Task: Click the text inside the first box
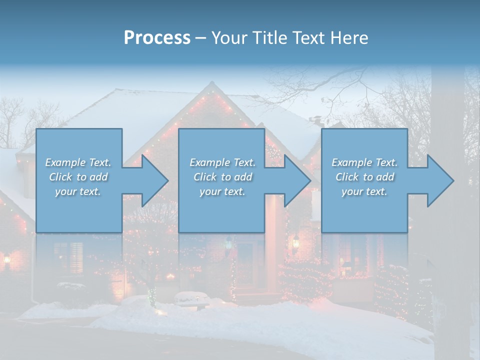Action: (x=78, y=177)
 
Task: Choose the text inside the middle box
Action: (x=222, y=177)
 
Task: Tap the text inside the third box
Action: (x=364, y=177)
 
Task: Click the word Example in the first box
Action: (x=65, y=162)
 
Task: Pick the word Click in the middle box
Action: (x=204, y=177)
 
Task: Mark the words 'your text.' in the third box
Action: (x=364, y=191)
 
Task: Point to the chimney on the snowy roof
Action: (x=315, y=121)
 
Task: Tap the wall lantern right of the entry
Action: (x=295, y=242)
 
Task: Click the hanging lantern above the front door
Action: (x=229, y=244)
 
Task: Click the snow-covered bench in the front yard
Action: (x=191, y=298)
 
